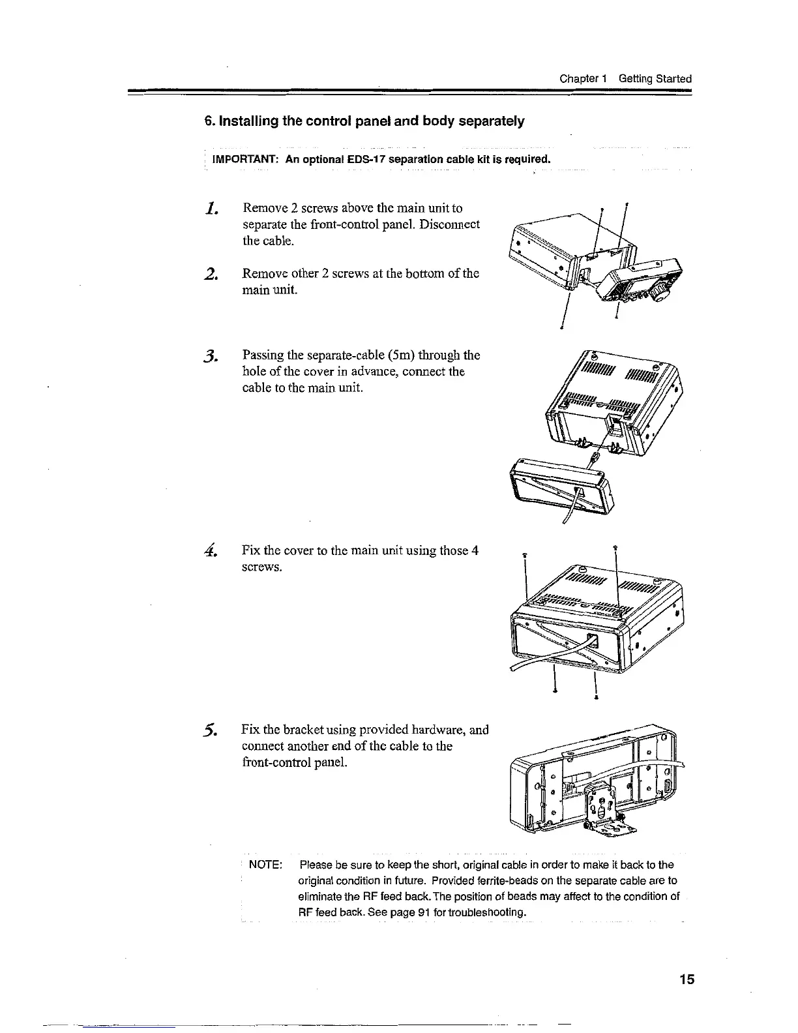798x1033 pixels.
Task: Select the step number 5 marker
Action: [210, 730]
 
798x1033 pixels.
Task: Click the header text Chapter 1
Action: [584, 79]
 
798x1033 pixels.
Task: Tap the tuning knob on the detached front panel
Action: [661, 296]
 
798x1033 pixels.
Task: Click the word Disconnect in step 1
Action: [450, 224]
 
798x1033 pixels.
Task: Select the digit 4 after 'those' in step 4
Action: [475, 550]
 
